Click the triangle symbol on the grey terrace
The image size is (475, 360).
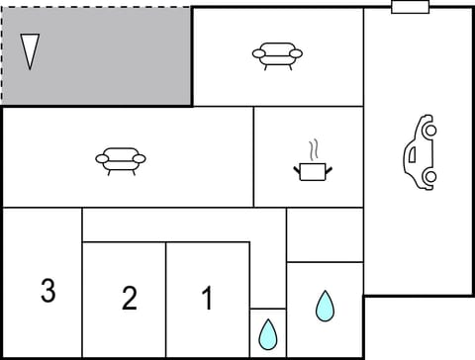coord(30,50)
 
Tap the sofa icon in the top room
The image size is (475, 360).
coord(277,53)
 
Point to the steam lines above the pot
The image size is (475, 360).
coord(314,150)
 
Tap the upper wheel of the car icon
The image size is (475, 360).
coord(428,128)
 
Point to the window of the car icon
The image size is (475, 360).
coord(412,153)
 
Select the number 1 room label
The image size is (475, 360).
coord(207,297)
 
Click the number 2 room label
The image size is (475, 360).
coord(129,298)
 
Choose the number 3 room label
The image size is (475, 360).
coord(47,291)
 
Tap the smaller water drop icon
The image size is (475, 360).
coord(267,334)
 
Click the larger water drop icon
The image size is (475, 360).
coord(325,306)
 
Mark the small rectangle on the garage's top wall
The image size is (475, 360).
coord(410,7)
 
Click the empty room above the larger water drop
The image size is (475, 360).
coord(325,234)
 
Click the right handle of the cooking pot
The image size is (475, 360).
coord(329,169)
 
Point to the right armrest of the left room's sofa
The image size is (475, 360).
coord(141,158)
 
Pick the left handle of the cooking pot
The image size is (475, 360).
coord(297,169)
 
